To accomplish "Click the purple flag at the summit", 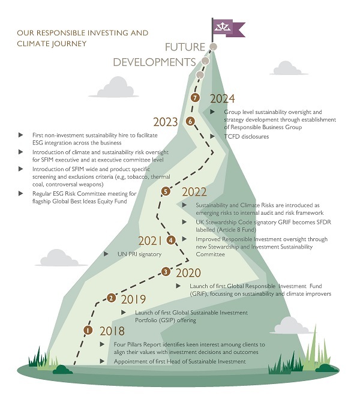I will [x=229, y=26].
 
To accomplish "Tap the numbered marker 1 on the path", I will [x=88, y=329].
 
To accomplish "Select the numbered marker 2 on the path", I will [x=111, y=297].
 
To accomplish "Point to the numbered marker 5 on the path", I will [x=166, y=191].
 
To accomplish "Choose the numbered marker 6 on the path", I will [x=191, y=121].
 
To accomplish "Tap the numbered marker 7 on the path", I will [x=194, y=98].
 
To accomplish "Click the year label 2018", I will [x=112, y=331].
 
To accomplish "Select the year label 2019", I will [x=133, y=298].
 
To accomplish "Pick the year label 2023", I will [x=166, y=122].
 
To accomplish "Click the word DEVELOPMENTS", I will [x=154, y=62].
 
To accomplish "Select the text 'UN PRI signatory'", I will [x=139, y=254].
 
